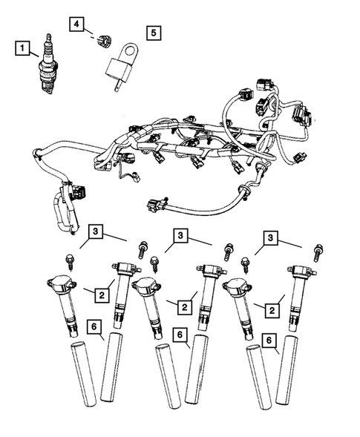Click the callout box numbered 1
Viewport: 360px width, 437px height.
coord(24,50)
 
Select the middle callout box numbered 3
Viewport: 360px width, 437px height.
coord(180,236)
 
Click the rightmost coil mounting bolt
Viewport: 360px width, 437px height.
coord(319,250)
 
